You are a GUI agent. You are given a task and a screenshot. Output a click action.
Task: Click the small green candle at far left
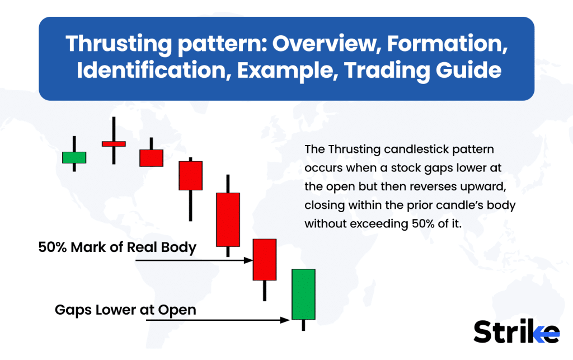(x=74, y=157)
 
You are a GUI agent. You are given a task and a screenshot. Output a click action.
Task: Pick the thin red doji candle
(x=114, y=144)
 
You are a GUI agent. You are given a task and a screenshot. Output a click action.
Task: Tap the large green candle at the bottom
(x=303, y=294)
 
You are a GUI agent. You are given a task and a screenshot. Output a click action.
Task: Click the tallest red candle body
(x=228, y=219)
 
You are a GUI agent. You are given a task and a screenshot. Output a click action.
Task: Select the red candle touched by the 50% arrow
(x=265, y=259)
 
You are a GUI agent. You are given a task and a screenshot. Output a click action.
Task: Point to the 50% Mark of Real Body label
(x=117, y=247)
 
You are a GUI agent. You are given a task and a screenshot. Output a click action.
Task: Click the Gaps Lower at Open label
(x=125, y=309)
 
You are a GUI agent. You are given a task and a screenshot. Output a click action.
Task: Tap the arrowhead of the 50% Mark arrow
(x=250, y=260)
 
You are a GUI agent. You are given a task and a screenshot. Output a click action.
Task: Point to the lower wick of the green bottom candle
(x=303, y=325)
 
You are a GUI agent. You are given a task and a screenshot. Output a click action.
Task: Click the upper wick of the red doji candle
(x=114, y=129)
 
